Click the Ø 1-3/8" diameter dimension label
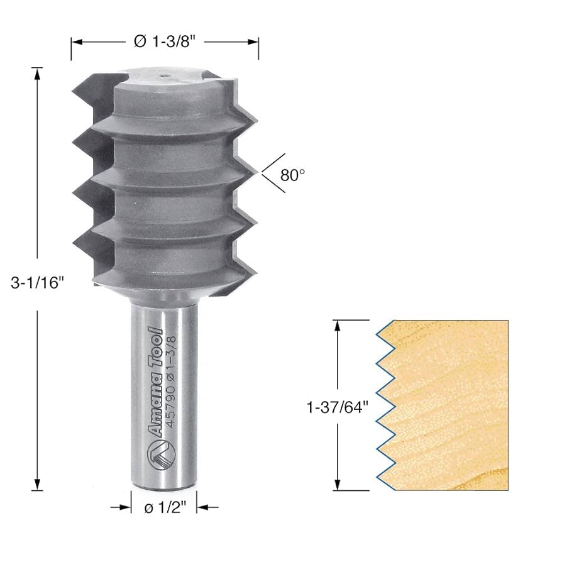165,42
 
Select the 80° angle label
293,175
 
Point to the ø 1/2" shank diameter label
164,507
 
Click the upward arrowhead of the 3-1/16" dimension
38,73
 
